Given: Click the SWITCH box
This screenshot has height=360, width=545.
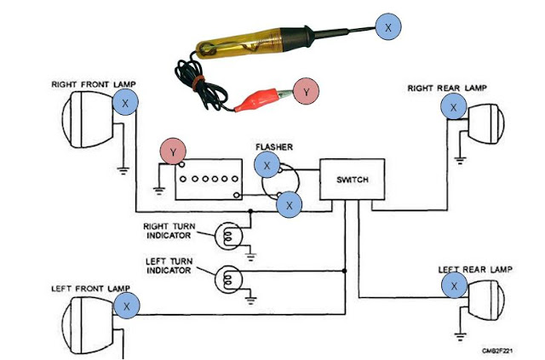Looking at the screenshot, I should click(352, 181).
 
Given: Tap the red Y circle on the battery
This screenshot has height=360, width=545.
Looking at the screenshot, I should click(174, 151).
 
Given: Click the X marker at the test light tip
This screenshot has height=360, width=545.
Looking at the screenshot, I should click(388, 27).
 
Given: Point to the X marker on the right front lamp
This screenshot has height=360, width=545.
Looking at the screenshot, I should click(126, 103).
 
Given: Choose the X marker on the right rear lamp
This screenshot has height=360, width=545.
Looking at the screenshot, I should click(453, 107).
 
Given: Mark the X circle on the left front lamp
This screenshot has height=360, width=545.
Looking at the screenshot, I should click(126, 305).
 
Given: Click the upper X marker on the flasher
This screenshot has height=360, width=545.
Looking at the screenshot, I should click(267, 165).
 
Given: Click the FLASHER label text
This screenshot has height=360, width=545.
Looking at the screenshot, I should click(273, 146).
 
